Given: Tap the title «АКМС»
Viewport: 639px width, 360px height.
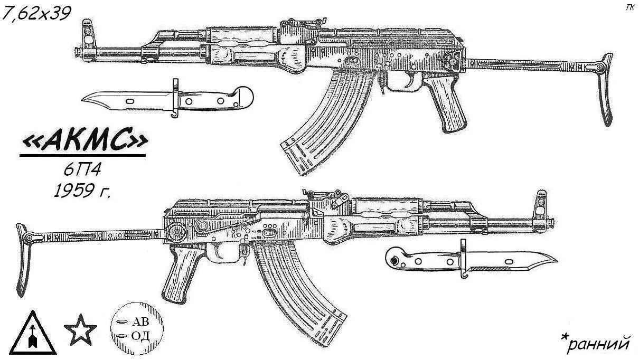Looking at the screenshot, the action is coord(83,141).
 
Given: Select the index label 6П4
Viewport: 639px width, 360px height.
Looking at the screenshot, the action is coord(83,170).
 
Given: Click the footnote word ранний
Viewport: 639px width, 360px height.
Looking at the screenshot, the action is coord(600,344).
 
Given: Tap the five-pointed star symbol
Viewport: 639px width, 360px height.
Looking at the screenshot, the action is coord(80,330).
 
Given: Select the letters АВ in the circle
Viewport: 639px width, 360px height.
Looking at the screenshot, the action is coord(140,322).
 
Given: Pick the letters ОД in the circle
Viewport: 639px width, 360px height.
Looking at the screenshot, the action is coord(140,336).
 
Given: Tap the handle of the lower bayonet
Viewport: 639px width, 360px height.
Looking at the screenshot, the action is coord(422,259).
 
